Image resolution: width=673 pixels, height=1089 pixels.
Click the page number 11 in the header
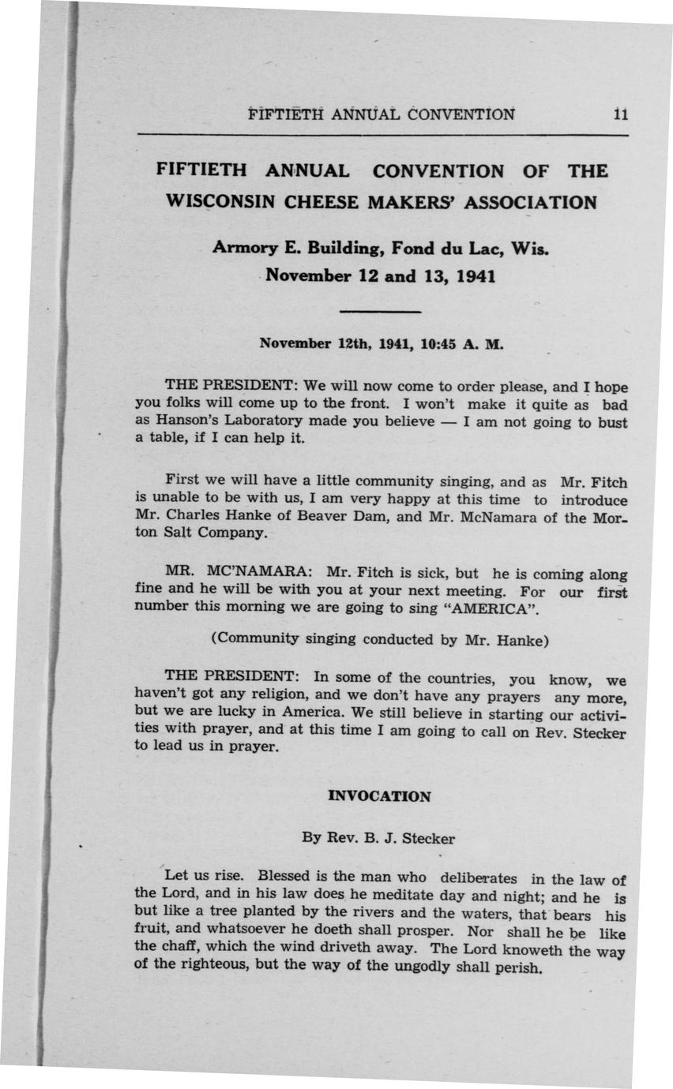(620, 114)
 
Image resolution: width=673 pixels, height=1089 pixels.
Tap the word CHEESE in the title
(322, 202)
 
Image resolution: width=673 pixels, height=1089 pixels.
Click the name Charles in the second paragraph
(192, 517)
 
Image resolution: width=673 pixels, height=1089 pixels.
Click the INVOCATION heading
(379, 796)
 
